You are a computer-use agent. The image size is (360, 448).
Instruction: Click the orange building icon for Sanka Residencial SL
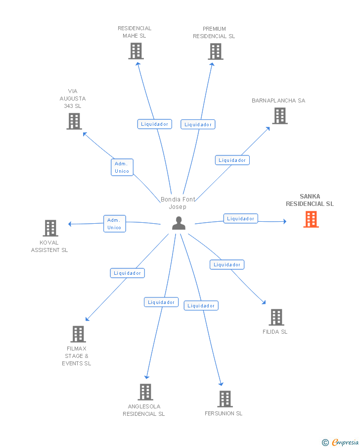point(311,219)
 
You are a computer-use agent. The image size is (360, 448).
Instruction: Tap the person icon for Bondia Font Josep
point(179,223)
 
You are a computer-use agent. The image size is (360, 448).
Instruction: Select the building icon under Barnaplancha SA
point(280,116)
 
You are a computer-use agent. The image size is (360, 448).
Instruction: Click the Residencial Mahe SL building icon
point(136,51)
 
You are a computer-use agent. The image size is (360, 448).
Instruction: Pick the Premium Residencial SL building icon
point(216,51)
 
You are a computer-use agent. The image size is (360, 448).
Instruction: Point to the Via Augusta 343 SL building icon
point(74,121)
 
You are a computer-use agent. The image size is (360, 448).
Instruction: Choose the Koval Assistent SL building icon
point(50,228)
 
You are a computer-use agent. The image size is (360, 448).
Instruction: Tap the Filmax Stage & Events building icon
point(78,334)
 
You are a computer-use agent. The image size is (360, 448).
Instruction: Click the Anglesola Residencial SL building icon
point(145,392)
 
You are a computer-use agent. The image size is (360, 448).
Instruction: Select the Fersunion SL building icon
point(225,399)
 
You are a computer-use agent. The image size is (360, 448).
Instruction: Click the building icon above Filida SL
point(276,317)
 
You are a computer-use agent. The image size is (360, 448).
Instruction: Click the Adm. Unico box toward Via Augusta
point(122,167)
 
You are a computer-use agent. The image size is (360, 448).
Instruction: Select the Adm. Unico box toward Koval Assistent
point(115,224)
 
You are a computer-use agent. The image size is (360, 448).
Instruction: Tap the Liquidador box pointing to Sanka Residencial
point(241,219)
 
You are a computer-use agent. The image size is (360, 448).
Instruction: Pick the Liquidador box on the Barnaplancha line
point(232,160)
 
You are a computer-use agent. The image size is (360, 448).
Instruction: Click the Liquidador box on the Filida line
point(227,264)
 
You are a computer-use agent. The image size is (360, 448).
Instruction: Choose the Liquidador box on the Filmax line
point(127,273)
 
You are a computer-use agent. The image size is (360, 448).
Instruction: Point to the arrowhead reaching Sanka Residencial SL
point(285,221)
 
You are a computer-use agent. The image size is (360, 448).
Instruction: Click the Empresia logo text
point(345,442)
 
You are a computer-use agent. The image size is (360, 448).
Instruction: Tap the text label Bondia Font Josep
point(178,203)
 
